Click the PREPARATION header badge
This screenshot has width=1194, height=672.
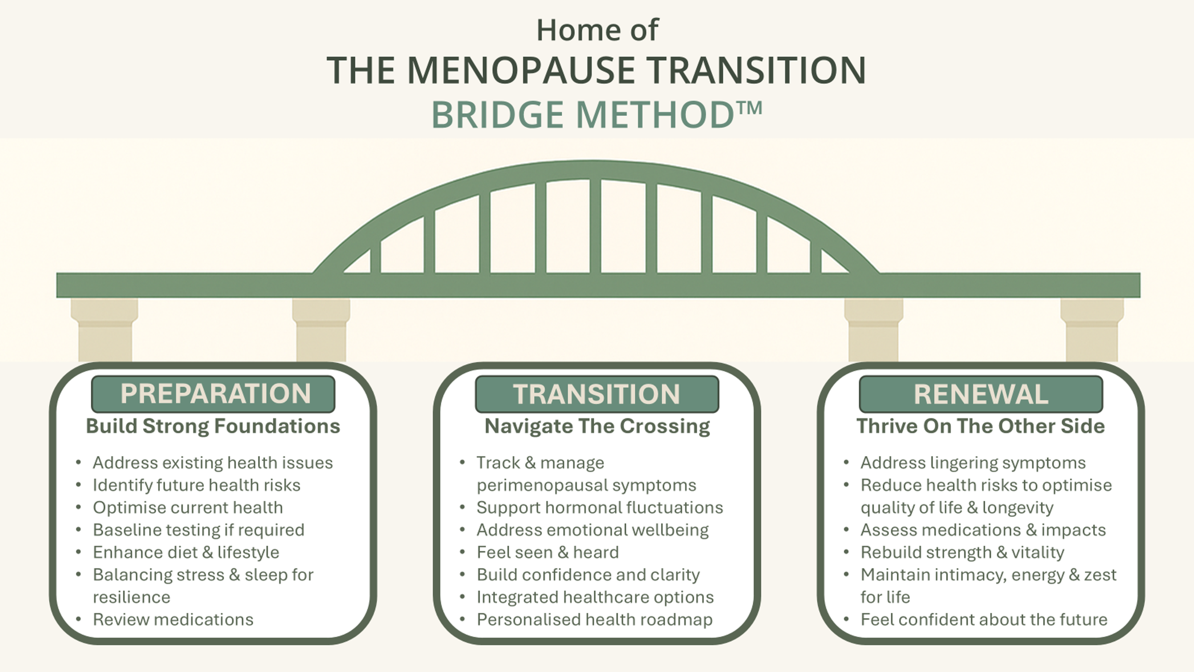pyautogui.click(x=213, y=394)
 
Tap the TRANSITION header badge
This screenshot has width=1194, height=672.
pyautogui.click(x=597, y=394)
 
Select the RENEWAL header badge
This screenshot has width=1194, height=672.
pyautogui.click(x=981, y=394)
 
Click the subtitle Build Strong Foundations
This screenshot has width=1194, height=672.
pyautogui.click(x=213, y=426)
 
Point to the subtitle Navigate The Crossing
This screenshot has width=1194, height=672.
pyautogui.click(x=597, y=426)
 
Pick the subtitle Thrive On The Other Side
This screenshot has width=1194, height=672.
pyautogui.click(x=981, y=426)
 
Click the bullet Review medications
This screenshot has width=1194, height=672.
pyautogui.click(x=173, y=619)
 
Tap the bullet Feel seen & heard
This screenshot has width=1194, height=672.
pyautogui.click(x=547, y=552)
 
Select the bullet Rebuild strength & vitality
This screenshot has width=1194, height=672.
pyautogui.click(x=962, y=552)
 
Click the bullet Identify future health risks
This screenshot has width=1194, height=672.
pyautogui.click(x=196, y=485)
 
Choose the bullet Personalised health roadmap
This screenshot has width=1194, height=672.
pyautogui.click(x=594, y=619)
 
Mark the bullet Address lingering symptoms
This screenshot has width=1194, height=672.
pyautogui.click(x=973, y=463)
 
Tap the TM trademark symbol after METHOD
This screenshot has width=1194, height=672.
pyautogui.click(x=749, y=108)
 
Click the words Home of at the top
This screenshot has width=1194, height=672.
pyautogui.click(x=597, y=30)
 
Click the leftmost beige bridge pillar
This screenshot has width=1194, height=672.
pyautogui.click(x=105, y=330)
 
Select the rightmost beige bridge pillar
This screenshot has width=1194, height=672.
pyautogui.click(x=1092, y=330)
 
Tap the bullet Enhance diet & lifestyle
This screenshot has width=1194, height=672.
pyautogui.click(x=186, y=552)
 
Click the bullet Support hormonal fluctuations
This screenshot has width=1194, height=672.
pyautogui.click(x=599, y=508)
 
